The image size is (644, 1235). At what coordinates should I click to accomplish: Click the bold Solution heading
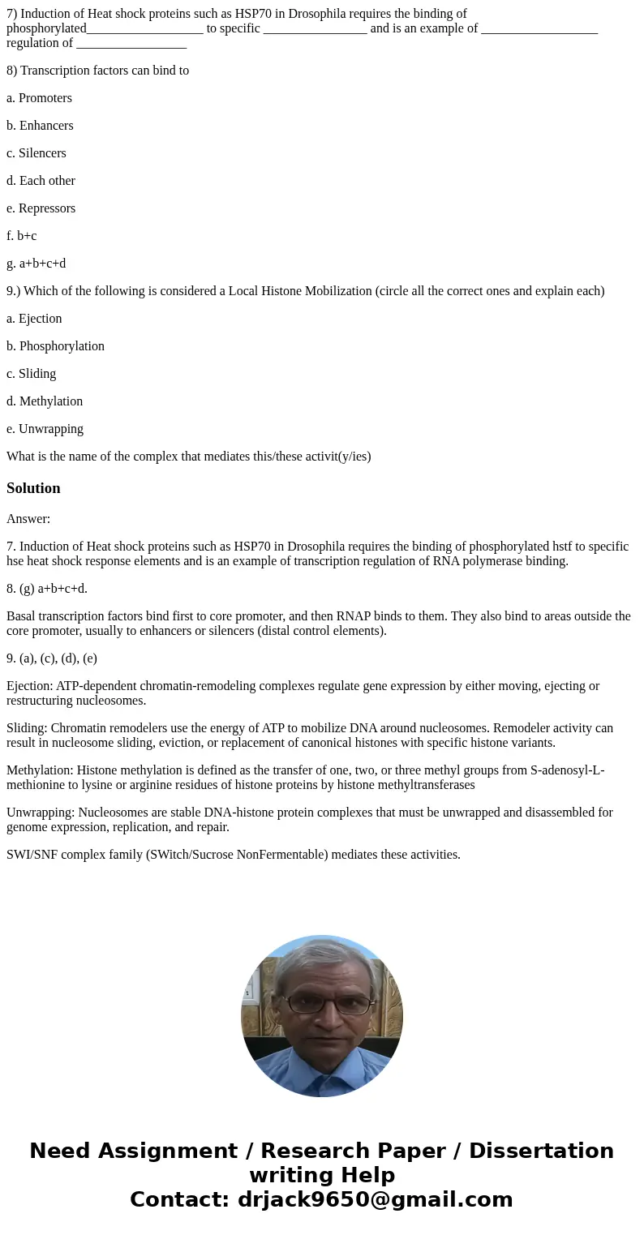tap(33, 488)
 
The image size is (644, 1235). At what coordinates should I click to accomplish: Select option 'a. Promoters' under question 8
tap(39, 98)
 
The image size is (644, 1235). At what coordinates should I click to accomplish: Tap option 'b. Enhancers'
tap(40, 126)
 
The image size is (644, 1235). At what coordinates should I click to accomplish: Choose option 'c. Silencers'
tap(36, 153)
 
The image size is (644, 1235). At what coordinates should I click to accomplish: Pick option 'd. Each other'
tap(41, 181)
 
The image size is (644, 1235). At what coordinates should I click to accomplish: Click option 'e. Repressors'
tap(41, 208)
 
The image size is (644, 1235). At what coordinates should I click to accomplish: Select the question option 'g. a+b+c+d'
tap(36, 264)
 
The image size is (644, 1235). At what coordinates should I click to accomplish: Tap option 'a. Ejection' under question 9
tap(34, 319)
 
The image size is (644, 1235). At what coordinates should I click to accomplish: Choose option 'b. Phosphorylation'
tap(55, 346)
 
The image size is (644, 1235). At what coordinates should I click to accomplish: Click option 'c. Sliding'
tap(31, 374)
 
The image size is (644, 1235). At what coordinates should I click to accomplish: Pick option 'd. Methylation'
tap(45, 401)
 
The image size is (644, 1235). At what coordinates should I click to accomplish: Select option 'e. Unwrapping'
tap(45, 429)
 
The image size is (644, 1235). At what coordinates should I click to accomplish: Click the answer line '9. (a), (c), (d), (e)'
tap(52, 658)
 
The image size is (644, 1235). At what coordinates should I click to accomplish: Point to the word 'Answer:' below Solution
tap(28, 519)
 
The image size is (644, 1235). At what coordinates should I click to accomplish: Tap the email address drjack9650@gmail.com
tap(375, 1200)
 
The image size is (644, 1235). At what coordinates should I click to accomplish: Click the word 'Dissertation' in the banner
tap(541, 1151)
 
